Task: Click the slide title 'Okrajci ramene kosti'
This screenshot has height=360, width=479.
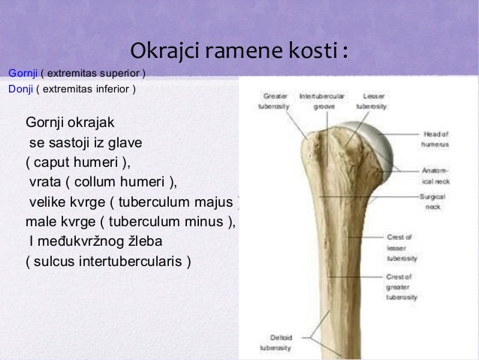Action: [239, 52]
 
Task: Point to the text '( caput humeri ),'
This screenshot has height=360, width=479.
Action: [77, 161]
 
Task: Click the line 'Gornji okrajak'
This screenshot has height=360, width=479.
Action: [71, 122]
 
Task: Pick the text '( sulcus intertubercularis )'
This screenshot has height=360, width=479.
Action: [108, 262]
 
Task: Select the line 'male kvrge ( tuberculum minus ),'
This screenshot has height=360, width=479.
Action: [131, 222]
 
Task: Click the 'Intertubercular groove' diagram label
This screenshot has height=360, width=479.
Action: [323, 101]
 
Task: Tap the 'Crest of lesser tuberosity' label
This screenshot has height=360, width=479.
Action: [402, 247]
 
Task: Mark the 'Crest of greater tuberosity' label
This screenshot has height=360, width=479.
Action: [402, 287]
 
